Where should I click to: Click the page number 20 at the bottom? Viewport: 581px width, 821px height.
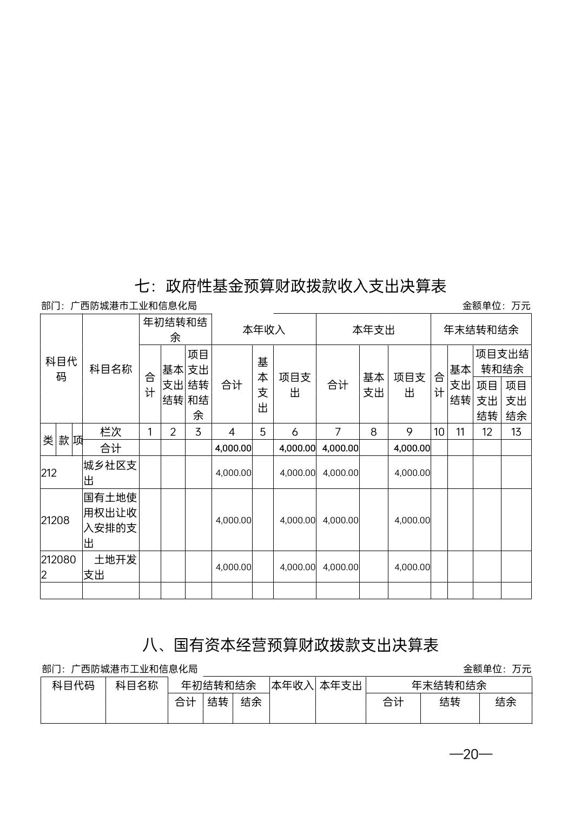point(471,754)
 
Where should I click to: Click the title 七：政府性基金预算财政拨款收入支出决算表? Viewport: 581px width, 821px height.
point(290,286)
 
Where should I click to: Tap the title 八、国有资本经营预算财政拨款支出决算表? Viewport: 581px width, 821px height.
point(290,645)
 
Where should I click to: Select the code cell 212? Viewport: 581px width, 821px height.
point(49,473)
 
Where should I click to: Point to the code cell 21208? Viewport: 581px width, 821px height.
point(55,520)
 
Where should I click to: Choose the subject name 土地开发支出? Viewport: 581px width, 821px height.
point(110,567)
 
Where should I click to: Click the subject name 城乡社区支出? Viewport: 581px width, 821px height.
point(110,473)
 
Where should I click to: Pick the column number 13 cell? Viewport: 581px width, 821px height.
point(516,432)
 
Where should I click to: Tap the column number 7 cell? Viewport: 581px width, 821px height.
point(338,432)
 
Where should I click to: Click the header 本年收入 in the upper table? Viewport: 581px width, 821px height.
point(263,330)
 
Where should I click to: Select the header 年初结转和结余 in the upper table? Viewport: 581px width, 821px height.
point(175,330)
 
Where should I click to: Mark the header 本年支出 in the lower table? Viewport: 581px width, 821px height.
point(340,686)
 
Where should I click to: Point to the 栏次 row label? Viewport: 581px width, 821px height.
point(110,432)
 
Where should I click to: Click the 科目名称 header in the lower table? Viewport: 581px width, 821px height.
point(137,686)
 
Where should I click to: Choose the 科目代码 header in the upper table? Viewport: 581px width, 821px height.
point(61,369)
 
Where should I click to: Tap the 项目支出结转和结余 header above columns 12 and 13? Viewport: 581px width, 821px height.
point(502,361)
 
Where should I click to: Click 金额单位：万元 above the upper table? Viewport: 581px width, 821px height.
point(496,306)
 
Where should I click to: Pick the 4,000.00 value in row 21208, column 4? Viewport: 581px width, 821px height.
point(233,520)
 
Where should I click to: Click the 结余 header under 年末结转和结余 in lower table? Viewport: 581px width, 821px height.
point(505,702)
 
